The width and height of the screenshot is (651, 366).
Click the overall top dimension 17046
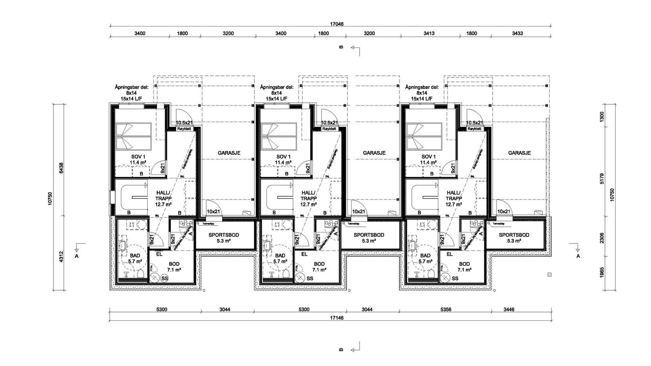coord(337,24)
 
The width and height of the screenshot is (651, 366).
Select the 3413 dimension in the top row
coord(426,33)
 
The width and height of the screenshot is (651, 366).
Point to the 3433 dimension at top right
coord(517,33)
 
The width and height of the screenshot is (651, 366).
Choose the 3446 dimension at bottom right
coord(509,309)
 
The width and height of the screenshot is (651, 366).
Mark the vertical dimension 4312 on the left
coord(61,257)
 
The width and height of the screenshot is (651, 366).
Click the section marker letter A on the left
coord(76,256)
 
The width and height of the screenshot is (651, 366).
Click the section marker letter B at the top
coord(341,47)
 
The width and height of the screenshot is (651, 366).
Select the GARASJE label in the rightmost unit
coord(519,153)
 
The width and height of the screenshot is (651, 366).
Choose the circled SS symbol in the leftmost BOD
coord(164,278)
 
